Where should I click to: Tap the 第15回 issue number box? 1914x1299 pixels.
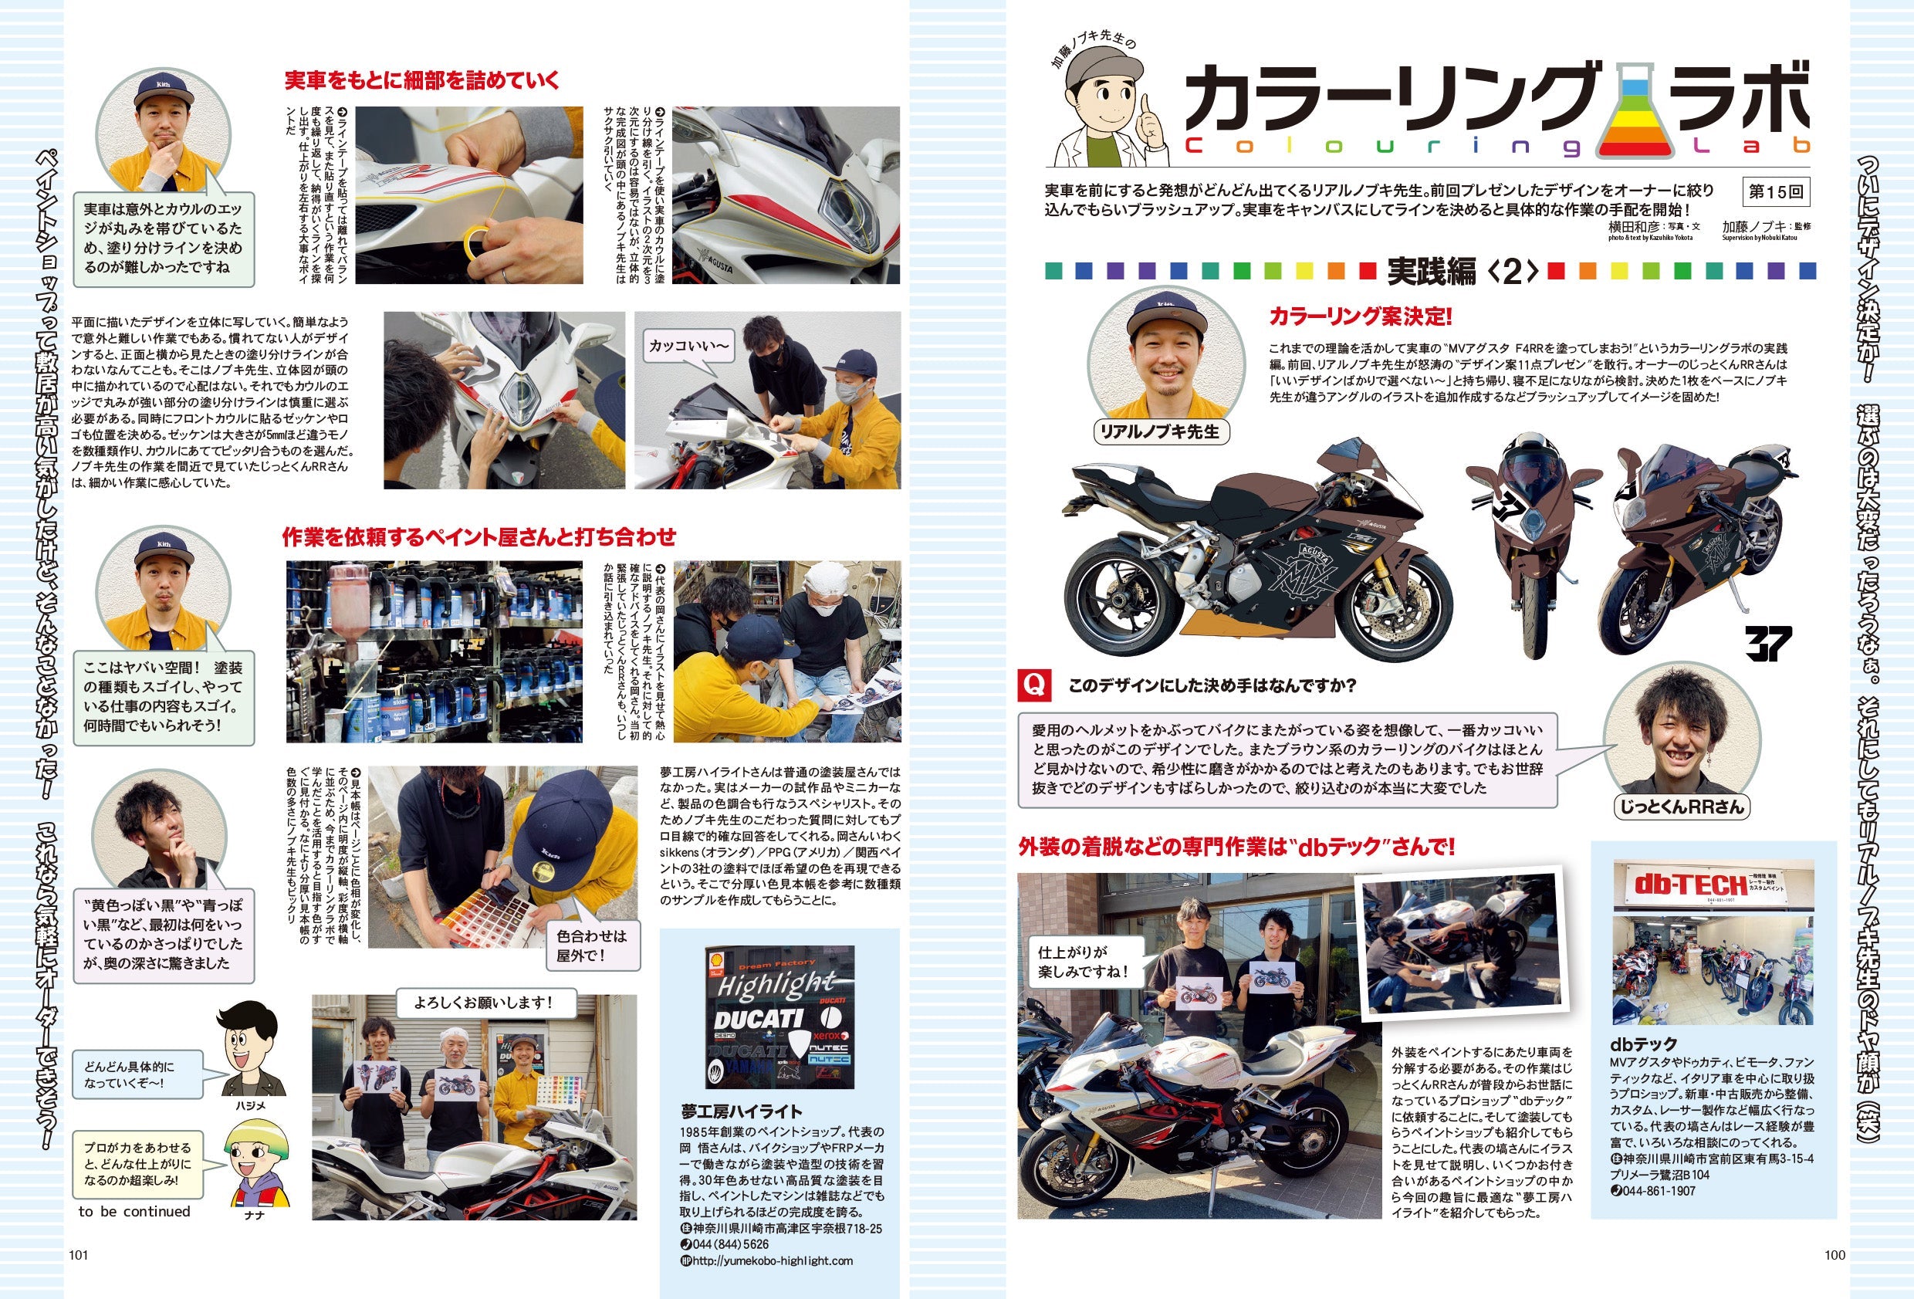1776,192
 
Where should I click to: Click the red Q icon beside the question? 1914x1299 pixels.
1034,685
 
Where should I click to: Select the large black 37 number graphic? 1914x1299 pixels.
1767,643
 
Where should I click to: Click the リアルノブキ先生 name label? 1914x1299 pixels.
1160,431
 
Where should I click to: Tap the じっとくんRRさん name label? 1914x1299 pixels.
1681,807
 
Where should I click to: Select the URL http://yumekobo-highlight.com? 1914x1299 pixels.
766,1260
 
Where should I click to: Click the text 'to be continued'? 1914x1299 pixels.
134,1212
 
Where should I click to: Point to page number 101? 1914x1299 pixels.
78,1255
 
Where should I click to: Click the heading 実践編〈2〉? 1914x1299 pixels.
1462,271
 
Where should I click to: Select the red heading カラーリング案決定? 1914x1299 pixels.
1360,316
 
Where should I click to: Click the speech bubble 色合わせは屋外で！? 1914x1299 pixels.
592,945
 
